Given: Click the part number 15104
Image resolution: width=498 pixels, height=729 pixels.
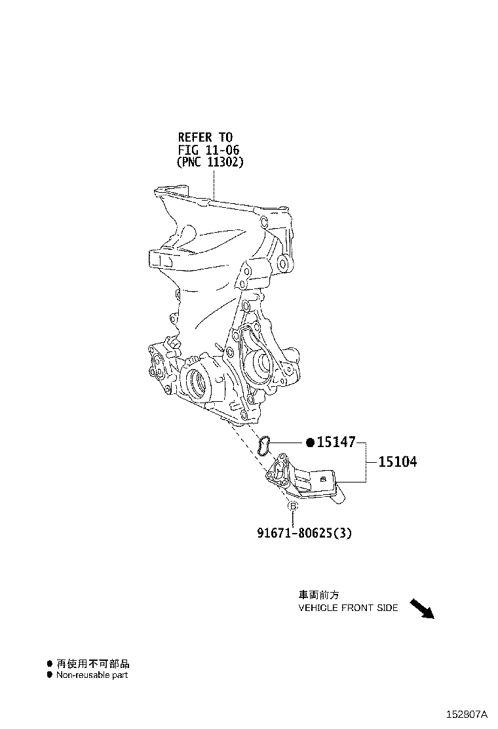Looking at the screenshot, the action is (398, 462).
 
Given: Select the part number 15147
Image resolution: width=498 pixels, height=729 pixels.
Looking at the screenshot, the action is (336, 442).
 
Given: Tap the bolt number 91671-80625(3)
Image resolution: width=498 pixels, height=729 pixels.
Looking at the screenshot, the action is (304, 533).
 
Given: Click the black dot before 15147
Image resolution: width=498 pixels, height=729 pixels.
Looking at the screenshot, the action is (311, 442).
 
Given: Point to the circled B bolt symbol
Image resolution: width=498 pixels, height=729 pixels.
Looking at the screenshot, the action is (293, 506).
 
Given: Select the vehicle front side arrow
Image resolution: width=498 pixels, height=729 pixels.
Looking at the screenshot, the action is (421, 608).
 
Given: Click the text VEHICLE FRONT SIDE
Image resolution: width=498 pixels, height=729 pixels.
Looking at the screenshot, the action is (348, 608).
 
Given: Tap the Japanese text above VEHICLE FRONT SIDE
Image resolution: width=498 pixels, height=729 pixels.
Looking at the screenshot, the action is (318, 595).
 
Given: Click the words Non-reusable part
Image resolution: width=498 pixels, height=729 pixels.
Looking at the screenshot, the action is (92, 675).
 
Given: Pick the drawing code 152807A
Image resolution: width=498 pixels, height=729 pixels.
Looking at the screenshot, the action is (467, 714).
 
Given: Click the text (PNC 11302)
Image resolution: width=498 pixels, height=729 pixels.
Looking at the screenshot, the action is (210, 163).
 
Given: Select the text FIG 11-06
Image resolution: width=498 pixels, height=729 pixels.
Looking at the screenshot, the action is (208, 149).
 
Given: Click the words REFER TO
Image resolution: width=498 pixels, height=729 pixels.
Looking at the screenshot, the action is (205, 137).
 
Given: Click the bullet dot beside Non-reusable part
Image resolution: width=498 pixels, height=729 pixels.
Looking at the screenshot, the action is (49, 675).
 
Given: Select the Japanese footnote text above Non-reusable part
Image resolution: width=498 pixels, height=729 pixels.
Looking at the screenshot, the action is (92, 664).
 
